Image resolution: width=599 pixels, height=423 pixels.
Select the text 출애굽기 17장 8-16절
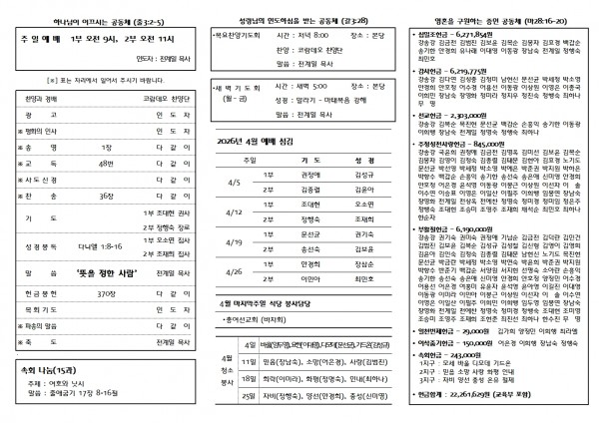(96, 390)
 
